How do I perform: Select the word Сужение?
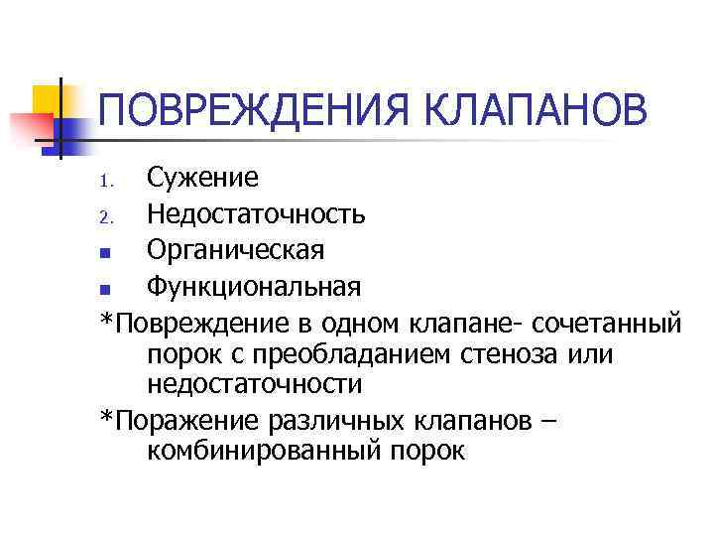click(x=203, y=179)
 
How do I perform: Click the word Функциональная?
click(x=253, y=286)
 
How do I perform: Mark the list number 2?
click(x=109, y=215)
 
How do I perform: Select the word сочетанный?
click(x=608, y=323)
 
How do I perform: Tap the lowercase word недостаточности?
click(x=254, y=383)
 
